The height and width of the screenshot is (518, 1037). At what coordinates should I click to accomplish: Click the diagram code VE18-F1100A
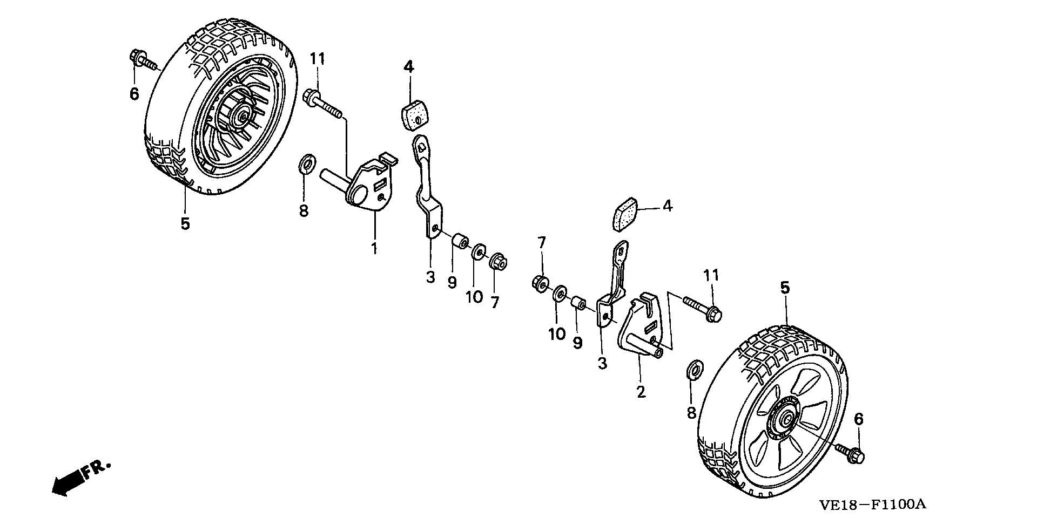point(872,505)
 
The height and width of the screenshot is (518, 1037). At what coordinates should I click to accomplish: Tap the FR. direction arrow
point(81,477)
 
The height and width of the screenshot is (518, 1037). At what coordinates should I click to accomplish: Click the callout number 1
point(374,249)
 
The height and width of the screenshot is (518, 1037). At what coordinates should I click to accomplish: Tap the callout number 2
point(641,392)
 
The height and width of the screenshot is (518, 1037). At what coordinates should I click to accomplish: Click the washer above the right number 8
point(695,370)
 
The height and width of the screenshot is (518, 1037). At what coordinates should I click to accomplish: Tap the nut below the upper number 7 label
point(539,282)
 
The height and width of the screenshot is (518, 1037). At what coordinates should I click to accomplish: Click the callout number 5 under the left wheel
point(185,223)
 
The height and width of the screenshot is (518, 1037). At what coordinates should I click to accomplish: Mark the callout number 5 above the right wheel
point(785,287)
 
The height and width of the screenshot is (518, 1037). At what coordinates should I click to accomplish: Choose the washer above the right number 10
point(559,295)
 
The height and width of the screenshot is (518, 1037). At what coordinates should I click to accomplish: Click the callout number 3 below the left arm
point(430,277)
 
